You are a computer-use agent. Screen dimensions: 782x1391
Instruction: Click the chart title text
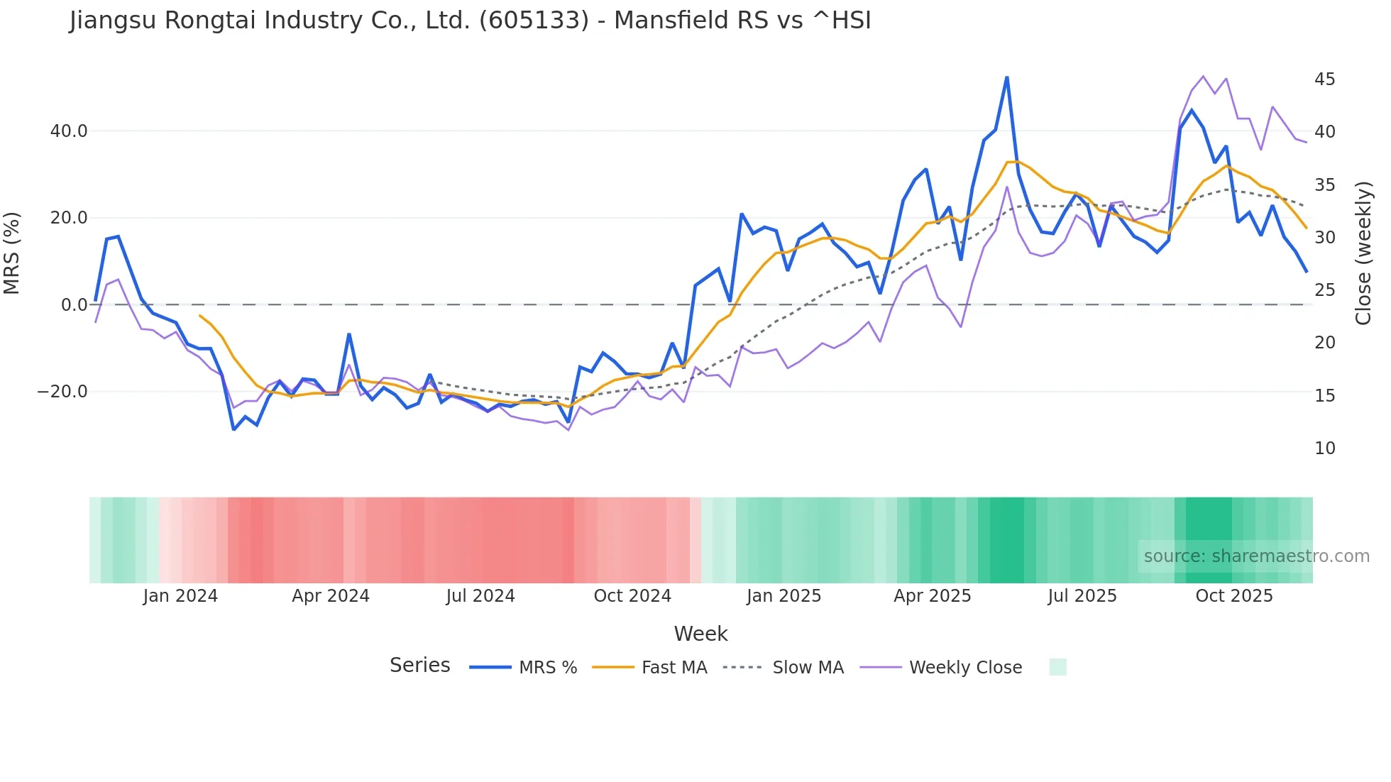point(470,21)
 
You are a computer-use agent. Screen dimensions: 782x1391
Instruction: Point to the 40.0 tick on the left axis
point(69,131)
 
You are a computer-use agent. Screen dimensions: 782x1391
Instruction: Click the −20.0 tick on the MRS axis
point(63,392)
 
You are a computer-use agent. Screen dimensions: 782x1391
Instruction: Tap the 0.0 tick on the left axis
point(74,305)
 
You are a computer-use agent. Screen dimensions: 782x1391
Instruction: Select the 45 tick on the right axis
point(1324,79)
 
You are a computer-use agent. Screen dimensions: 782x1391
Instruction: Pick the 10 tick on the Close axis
point(1324,448)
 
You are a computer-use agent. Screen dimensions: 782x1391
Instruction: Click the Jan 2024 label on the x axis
point(180,596)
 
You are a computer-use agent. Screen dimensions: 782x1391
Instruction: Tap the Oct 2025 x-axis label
point(1234,596)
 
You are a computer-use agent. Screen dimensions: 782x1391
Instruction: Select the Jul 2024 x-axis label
point(480,596)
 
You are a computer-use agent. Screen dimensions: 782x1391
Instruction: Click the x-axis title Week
point(700,634)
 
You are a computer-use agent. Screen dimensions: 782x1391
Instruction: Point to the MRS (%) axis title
point(12,253)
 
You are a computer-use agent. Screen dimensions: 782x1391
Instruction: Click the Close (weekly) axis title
point(1363,253)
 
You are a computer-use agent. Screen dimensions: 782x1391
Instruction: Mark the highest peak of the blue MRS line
point(1006,77)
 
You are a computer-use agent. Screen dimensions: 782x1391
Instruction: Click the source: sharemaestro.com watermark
point(1256,556)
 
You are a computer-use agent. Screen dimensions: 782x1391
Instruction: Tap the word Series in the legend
point(419,666)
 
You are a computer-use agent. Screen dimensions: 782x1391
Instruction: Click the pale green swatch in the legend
point(1057,668)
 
